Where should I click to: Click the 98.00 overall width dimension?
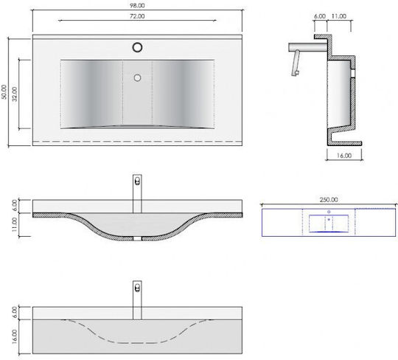point(137,5)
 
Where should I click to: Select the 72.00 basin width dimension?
point(137,16)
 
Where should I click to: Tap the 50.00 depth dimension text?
point(4,92)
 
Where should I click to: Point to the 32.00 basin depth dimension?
point(15,94)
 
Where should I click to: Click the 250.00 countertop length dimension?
point(329,200)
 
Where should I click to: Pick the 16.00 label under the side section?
point(344,156)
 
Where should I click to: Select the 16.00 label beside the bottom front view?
point(14,336)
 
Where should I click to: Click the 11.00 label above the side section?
point(339,16)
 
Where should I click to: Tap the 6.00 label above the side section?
point(320,16)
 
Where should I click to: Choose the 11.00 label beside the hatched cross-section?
point(14,224)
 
